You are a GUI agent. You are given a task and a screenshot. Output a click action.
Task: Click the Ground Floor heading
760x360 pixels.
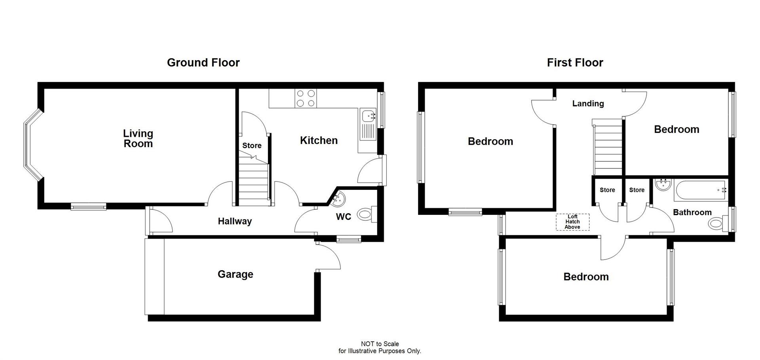203,63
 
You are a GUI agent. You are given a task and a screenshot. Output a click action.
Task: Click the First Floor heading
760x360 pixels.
575,63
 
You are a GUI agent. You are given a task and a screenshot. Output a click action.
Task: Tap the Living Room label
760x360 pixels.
138,138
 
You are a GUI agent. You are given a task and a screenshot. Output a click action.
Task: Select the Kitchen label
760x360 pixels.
319,140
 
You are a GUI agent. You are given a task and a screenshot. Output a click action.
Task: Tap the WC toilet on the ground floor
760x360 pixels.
366,215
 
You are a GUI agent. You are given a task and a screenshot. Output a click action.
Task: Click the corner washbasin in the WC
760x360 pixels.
339,199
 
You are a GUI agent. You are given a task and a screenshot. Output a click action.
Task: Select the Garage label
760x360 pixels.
235,274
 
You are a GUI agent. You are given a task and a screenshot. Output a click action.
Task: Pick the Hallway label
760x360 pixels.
235,221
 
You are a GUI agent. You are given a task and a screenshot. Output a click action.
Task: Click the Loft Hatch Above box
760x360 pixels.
572,222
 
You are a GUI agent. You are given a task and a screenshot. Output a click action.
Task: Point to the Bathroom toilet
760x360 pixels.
716,223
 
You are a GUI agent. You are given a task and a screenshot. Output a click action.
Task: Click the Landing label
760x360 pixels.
588,104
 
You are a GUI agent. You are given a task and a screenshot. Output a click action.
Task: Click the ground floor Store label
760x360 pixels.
252,146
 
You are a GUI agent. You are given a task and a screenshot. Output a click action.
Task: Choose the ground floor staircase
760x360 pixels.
253,183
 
